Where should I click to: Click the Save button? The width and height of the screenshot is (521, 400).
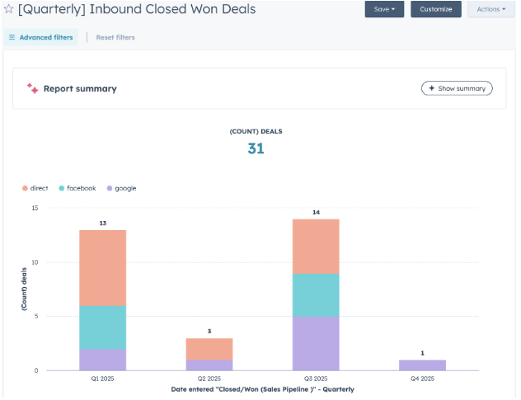point(384,9)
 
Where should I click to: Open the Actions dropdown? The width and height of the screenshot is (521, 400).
point(491,9)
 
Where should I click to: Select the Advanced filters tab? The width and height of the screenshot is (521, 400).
point(40,37)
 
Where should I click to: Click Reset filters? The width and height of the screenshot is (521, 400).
point(115,37)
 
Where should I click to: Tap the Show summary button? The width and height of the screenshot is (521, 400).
point(457,88)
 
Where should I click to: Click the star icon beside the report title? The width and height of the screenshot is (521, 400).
point(8,9)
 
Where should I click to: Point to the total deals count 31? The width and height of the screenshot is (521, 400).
point(256,148)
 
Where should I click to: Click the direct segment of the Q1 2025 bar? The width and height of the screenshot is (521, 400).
point(102,268)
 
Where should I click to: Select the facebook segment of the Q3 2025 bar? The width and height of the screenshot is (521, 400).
point(315,295)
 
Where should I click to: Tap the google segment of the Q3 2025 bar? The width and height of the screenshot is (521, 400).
point(315,343)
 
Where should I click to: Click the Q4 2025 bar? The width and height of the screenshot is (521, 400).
point(422,365)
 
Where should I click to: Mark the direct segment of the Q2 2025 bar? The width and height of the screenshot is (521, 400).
point(209,348)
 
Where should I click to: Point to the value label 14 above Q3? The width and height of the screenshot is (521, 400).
point(315,213)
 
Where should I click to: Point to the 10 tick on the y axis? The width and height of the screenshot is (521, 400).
point(34,262)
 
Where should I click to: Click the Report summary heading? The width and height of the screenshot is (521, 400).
point(79,88)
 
